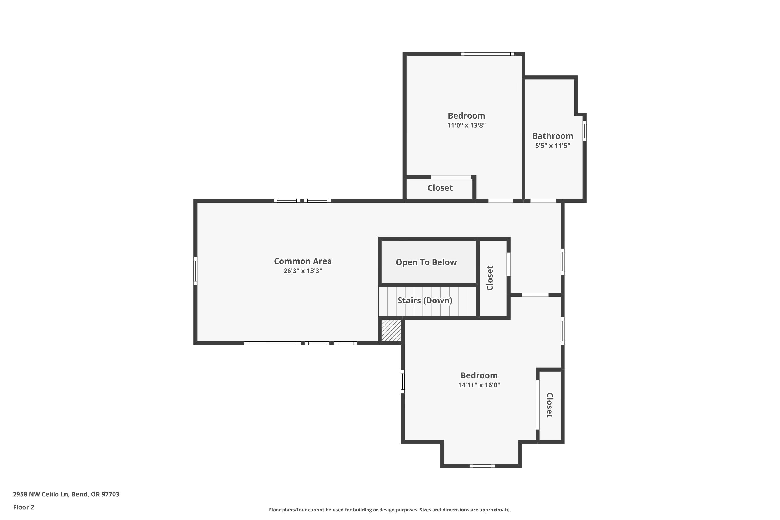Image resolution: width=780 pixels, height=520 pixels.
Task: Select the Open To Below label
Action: coord(426,262)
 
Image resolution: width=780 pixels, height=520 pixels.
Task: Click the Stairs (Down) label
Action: coord(425,301)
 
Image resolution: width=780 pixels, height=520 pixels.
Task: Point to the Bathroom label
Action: coord(552,136)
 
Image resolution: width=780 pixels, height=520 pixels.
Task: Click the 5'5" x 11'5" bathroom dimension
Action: coord(552,146)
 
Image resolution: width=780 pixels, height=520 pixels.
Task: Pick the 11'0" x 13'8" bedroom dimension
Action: coord(466,125)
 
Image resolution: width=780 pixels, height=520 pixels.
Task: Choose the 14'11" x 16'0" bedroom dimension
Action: coord(479,385)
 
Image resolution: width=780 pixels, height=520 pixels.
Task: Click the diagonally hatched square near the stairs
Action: coord(391,331)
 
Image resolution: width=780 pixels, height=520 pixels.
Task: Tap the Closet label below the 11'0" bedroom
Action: coord(440,188)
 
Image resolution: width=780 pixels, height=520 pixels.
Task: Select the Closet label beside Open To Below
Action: coord(490,278)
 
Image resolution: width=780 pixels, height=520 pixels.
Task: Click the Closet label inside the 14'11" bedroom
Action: coord(550,405)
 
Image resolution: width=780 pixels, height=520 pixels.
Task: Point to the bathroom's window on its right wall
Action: coord(584,131)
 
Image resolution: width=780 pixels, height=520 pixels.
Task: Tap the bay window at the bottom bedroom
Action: coord(482,466)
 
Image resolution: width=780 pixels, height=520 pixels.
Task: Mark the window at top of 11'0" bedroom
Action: coord(487,54)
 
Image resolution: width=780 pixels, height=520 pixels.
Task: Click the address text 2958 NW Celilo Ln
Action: coord(66,494)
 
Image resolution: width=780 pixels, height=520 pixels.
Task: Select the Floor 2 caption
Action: coord(24,507)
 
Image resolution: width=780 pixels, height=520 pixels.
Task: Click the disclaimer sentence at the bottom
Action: coord(390,510)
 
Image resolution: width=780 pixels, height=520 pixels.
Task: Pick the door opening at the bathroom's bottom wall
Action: coord(543,201)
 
